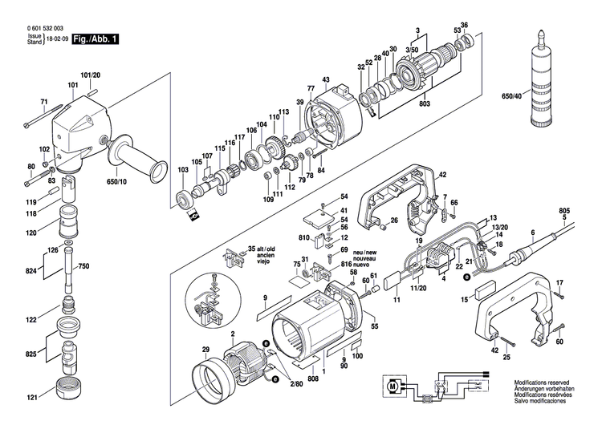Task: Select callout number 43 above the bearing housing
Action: [x=326, y=79]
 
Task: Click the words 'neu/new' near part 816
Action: [x=353, y=251]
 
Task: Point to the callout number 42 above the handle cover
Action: [x=442, y=174]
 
